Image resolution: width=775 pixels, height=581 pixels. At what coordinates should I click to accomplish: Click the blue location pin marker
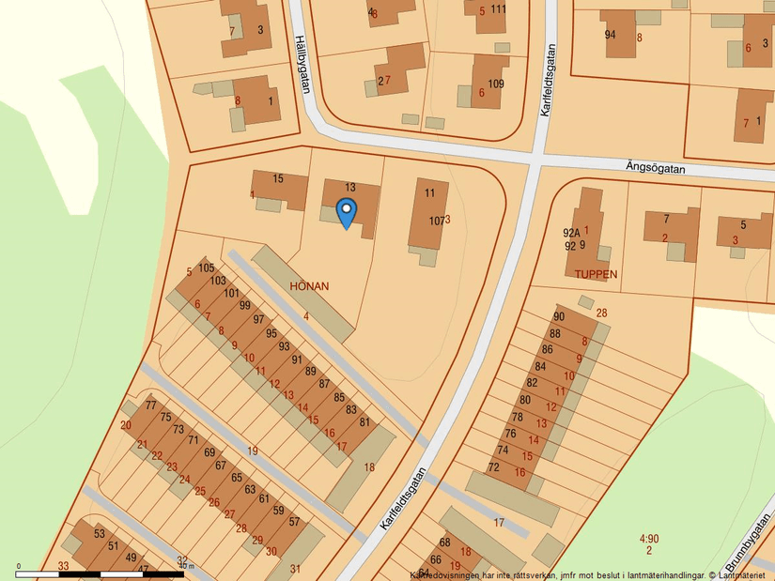[x=347, y=212]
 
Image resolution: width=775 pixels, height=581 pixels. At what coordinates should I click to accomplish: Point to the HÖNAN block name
[x=309, y=286]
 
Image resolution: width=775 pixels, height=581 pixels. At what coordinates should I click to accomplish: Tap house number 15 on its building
[x=278, y=178]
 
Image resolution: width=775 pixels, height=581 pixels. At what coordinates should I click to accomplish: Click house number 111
[x=498, y=9]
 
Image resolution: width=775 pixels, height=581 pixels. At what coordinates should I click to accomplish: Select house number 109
[x=495, y=84]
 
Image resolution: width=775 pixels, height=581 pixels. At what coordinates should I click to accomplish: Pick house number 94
[x=610, y=35]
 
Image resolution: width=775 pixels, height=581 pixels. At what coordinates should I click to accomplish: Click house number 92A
[x=571, y=234]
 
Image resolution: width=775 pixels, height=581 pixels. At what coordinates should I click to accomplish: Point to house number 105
[x=207, y=268]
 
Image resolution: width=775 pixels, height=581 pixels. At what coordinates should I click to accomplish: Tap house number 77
[x=151, y=405]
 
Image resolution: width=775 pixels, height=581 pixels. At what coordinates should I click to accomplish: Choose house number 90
[x=559, y=317]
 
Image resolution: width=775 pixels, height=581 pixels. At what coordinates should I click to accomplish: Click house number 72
[x=493, y=466]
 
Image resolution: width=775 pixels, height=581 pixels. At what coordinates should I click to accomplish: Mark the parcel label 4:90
[x=649, y=539]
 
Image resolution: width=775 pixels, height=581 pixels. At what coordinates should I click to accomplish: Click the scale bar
[x=103, y=573]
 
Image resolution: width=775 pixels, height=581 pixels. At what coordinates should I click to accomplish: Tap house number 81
[x=364, y=421]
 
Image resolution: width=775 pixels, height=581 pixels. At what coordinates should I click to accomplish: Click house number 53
[x=100, y=534]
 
